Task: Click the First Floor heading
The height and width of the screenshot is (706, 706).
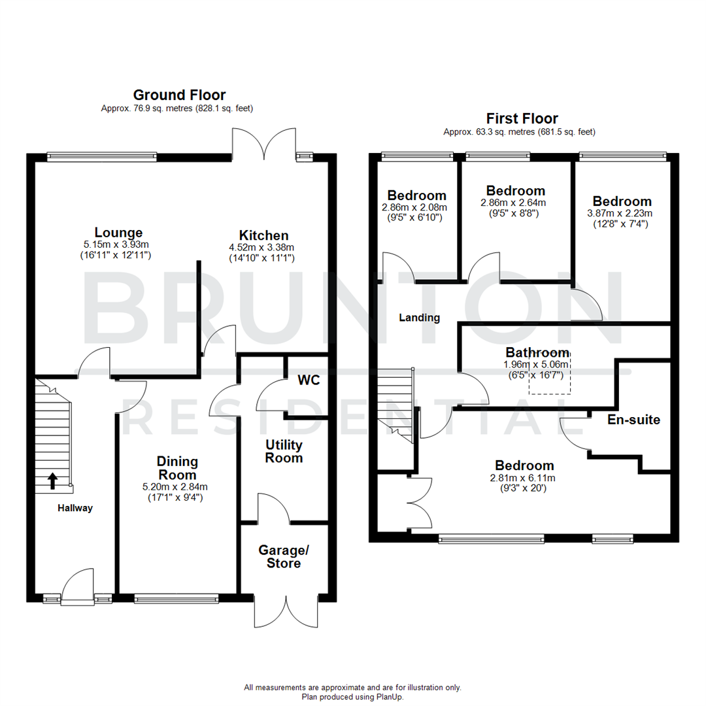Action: (x=522, y=118)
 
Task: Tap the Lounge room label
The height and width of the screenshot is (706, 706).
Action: (x=118, y=233)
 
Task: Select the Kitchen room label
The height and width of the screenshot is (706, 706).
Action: (x=263, y=235)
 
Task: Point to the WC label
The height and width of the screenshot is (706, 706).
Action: (x=308, y=380)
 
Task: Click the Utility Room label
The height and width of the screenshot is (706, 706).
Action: (x=284, y=451)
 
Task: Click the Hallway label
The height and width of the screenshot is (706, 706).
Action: (x=75, y=508)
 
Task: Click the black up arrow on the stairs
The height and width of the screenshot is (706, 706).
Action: (x=52, y=481)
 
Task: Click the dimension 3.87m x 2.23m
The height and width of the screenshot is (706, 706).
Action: (x=622, y=213)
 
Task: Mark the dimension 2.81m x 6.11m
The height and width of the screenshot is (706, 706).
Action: (x=524, y=477)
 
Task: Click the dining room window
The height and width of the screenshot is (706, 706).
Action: (x=176, y=597)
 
